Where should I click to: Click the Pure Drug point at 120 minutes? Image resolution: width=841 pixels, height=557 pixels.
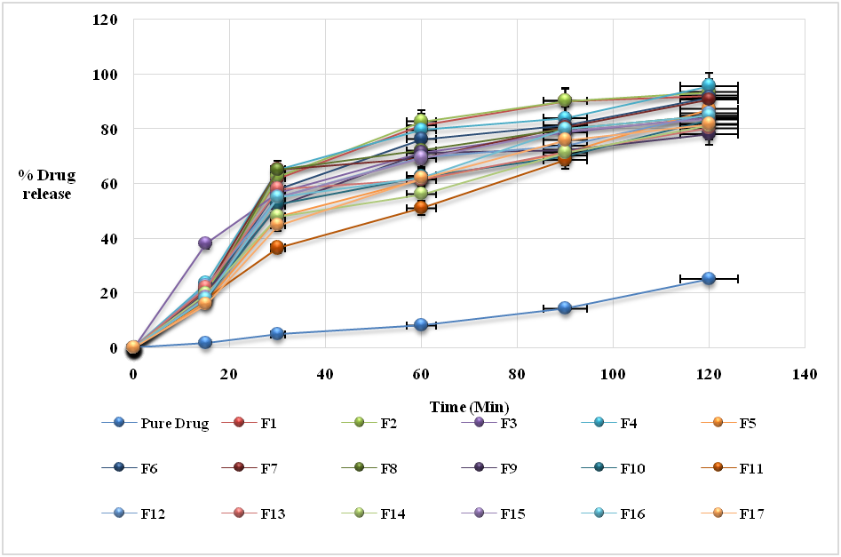(x=709, y=278)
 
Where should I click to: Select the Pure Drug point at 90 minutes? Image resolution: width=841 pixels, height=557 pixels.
(x=565, y=308)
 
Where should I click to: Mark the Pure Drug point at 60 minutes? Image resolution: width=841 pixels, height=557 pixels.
(x=421, y=325)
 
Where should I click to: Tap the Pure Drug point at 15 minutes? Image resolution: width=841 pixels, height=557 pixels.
(x=205, y=342)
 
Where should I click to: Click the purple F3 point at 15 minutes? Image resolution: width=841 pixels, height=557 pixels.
(x=205, y=243)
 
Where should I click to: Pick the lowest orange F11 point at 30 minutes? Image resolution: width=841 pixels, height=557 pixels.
(x=277, y=247)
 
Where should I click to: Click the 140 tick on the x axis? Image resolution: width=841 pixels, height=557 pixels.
(x=804, y=374)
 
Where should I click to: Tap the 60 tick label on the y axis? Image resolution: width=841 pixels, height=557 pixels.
(x=110, y=184)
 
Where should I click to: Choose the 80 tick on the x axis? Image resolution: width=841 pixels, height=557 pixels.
(x=516, y=374)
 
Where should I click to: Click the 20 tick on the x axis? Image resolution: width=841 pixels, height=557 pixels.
(x=228, y=374)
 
